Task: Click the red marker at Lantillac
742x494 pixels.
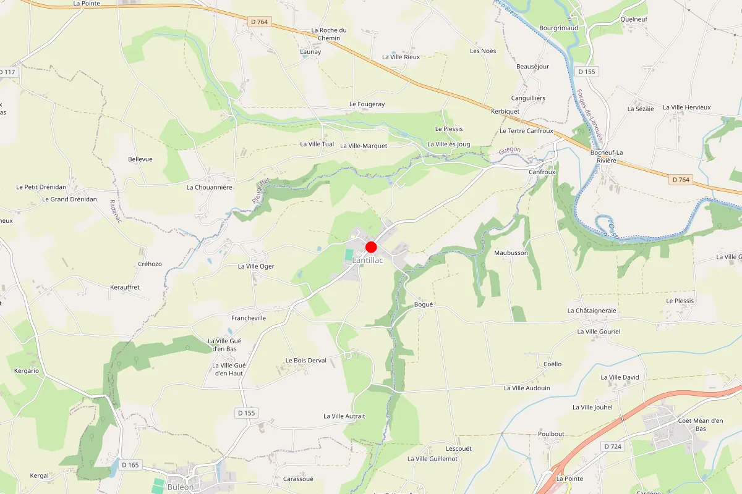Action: (371, 247)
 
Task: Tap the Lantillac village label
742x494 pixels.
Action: (367, 261)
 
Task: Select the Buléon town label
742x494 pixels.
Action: (180, 487)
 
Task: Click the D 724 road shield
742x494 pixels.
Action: (613, 446)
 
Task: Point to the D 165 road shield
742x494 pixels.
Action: (130, 464)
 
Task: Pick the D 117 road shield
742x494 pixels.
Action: (7, 72)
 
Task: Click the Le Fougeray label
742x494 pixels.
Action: (367, 104)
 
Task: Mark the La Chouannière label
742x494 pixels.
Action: (209, 186)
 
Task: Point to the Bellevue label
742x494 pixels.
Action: (140, 159)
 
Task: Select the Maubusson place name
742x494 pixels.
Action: (511, 253)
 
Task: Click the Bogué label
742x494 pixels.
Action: (424, 304)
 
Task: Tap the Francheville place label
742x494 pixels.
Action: (248, 318)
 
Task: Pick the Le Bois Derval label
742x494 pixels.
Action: (305, 360)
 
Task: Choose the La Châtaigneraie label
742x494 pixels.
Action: (592, 311)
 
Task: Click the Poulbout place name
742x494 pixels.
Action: (551, 433)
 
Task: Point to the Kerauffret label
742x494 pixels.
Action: (124, 287)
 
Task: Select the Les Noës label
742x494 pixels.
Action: (483, 51)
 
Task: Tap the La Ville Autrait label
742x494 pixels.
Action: (344, 416)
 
